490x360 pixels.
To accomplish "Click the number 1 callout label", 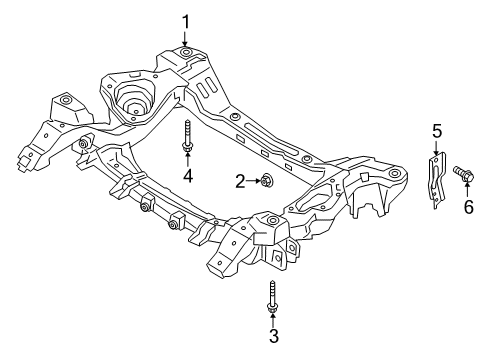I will (185, 20).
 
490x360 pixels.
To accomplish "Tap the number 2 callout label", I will (241, 180).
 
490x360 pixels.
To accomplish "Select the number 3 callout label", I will (273, 336).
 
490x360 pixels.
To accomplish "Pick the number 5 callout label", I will (436, 130).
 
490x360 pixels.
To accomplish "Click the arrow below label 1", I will (185, 38).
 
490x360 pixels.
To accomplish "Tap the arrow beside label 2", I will (254, 180).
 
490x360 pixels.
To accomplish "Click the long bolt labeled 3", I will (272, 296).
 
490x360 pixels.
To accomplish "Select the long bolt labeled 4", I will (187, 135).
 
